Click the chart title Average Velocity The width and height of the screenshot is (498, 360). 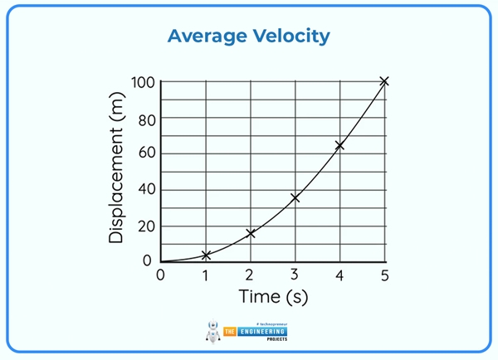[249, 36]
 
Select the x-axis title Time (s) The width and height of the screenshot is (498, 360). [273, 296]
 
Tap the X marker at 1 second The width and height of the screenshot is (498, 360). [206, 255]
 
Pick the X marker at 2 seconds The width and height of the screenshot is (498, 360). [251, 233]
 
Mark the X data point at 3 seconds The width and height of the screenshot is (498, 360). [295, 197]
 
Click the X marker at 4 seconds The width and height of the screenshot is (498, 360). [339, 146]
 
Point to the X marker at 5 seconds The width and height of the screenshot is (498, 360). [383, 81]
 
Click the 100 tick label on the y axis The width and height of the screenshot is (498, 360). [143, 82]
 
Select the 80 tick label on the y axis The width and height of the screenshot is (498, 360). [146, 118]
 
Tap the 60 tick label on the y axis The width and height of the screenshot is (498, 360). [146, 153]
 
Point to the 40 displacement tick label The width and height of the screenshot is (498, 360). [146, 190]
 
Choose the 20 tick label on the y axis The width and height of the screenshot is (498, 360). [146, 226]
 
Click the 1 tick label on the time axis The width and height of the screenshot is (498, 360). [206, 275]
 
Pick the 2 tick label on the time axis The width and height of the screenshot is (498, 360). [250, 275]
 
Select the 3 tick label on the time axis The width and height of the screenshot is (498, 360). [295, 275]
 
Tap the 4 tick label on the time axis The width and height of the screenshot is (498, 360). [339, 275]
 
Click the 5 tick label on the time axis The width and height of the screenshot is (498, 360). [383, 275]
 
